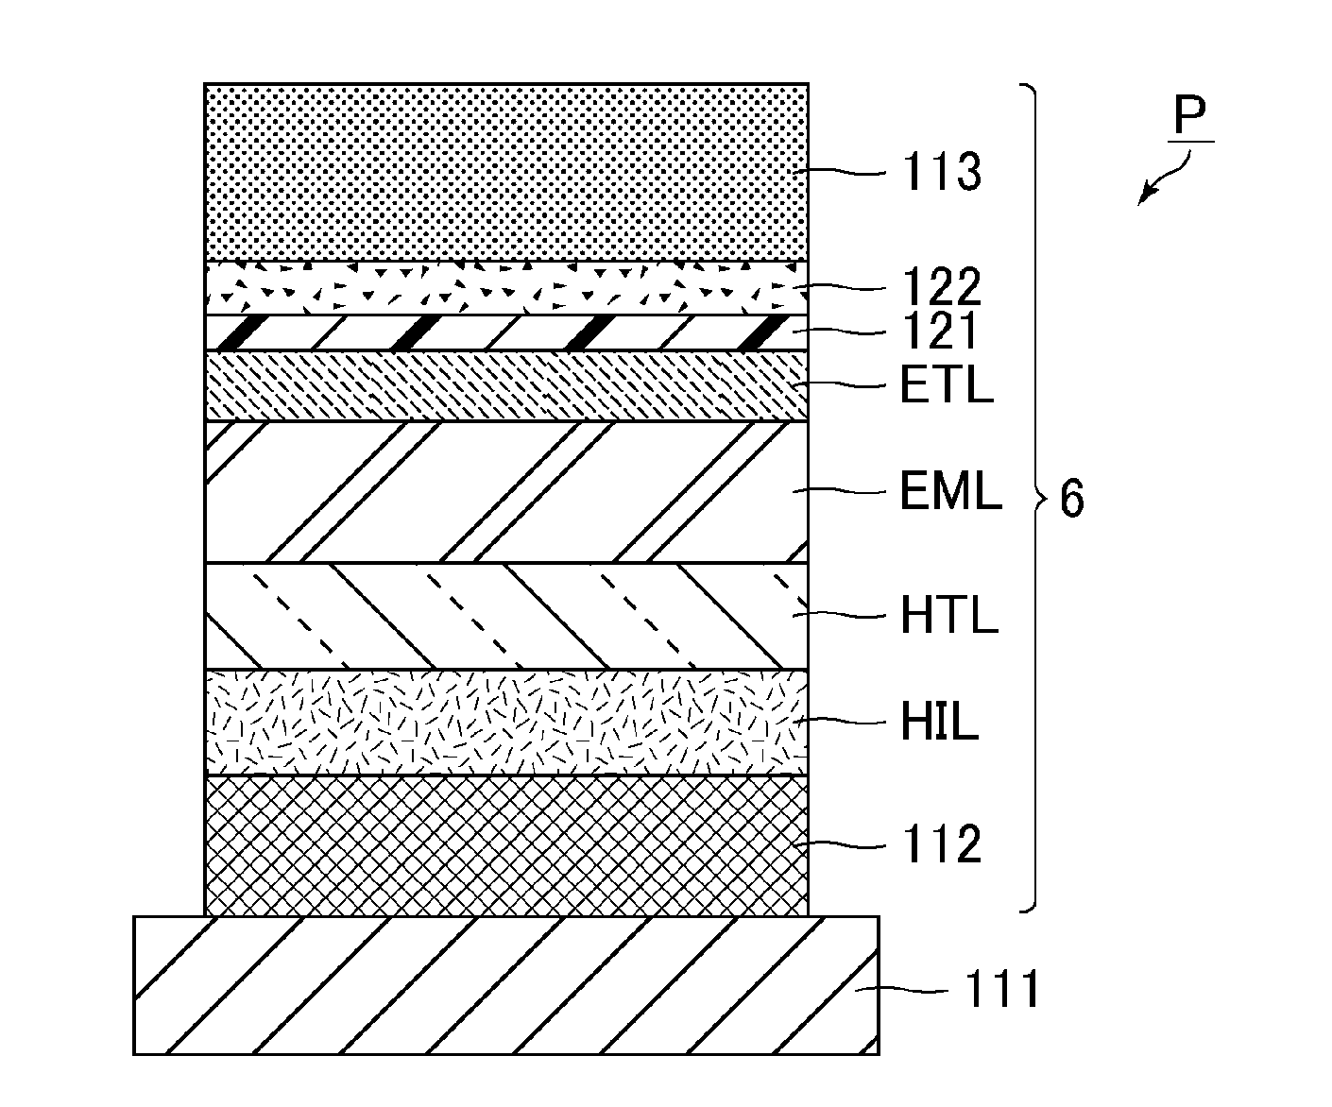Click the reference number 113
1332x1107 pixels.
942,172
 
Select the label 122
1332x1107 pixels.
942,287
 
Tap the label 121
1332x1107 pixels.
940,332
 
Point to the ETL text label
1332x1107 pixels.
947,384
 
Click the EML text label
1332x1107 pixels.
950,490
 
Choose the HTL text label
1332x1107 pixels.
949,615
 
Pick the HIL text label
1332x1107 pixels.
939,721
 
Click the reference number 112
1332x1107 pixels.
942,844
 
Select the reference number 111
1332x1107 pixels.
1002,990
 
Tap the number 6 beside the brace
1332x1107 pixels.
1071,499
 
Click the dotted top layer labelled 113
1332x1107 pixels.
506,172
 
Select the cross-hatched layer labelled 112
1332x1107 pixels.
506,846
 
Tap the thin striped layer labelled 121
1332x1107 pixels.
506,332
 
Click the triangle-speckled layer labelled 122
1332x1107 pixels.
506,288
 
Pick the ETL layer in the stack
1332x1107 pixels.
506,385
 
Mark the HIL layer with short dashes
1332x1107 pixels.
506,723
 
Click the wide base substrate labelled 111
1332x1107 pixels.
506,986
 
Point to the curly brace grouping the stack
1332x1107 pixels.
1034,499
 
